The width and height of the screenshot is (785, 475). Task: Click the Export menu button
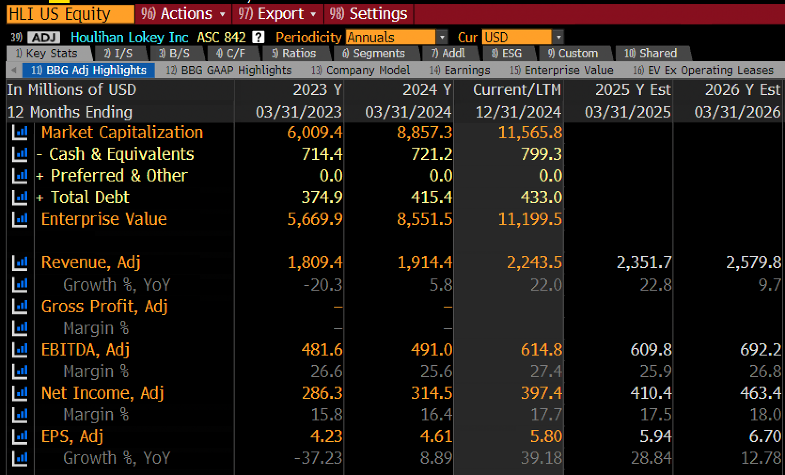277,14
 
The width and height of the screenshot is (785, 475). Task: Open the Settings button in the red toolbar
369,14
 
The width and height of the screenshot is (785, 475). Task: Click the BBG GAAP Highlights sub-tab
228,70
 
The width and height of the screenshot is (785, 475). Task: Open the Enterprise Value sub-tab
561,70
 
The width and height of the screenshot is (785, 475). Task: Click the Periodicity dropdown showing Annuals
396,37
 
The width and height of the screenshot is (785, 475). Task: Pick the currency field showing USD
522,37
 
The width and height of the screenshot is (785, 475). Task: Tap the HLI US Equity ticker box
70,14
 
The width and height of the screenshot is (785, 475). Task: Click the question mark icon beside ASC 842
258,37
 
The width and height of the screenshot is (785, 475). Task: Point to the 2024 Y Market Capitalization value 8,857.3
424,133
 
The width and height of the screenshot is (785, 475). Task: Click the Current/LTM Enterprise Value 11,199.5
530,219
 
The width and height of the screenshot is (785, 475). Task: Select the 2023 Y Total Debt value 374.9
322,198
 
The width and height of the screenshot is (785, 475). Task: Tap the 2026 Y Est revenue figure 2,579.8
754,262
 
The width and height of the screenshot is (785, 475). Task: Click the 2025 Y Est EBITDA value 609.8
651,350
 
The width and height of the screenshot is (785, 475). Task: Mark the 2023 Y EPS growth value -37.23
318,458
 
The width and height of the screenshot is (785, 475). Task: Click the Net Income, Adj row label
102,393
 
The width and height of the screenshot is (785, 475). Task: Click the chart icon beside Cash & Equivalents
20,154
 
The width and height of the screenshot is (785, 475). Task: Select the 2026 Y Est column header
743,90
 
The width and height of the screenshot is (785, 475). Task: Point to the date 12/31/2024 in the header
518,112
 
